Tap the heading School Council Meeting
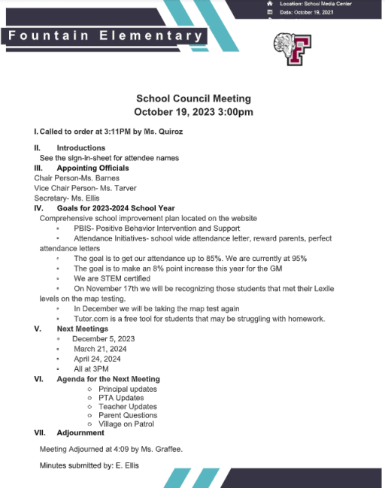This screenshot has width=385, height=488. [x=193, y=99]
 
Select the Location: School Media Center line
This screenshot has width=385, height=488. [x=317, y=4]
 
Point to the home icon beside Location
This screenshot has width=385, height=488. [x=270, y=4]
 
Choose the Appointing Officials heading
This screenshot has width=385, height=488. [x=93, y=168]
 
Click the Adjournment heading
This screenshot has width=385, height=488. [x=80, y=432]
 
